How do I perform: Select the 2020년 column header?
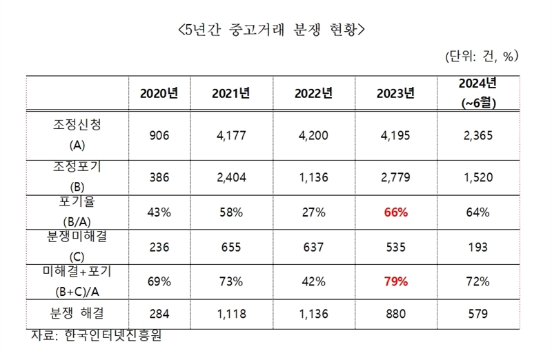[159, 94]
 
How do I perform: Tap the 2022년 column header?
[314, 94]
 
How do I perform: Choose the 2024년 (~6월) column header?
[477, 93]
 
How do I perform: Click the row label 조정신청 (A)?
[77, 135]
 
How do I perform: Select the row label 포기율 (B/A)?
[77, 211]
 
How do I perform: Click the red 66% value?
[395, 212]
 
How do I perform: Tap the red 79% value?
[395, 281]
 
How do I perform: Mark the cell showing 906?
[159, 135]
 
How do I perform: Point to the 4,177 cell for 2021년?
[232, 135]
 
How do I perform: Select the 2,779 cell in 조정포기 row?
[395, 178]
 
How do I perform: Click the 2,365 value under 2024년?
[477, 135]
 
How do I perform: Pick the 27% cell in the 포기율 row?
[314, 212]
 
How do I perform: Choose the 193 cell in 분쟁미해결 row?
[477, 247]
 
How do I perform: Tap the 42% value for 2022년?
[314, 281]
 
